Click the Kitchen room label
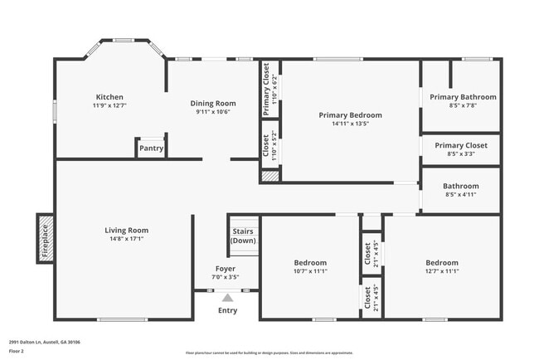click(109, 97)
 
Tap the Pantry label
click(151, 149)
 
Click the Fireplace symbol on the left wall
click(46, 238)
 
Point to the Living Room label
click(126, 230)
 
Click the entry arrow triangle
click(226, 296)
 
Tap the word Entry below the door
click(226, 310)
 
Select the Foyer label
click(226, 269)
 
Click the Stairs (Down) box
click(244, 235)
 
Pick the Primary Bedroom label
click(351, 115)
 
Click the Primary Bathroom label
click(463, 97)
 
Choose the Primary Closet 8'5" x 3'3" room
click(460, 148)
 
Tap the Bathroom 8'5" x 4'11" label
click(460, 190)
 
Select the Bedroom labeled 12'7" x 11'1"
click(440, 266)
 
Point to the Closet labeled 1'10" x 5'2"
click(269, 146)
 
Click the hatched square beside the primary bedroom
click(269, 176)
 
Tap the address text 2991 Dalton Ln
click(50, 342)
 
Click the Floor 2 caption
click(17, 352)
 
